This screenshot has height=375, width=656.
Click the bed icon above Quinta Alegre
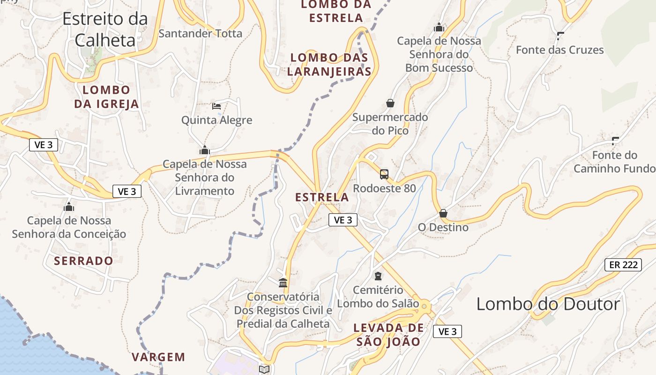pyautogui.click(x=216, y=106)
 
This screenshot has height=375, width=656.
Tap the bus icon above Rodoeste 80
pyautogui.click(x=384, y=174)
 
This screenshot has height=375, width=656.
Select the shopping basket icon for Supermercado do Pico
pyautogui.click(x=390, y=103)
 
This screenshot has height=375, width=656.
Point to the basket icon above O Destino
pyautogui.click(x=443, y=214)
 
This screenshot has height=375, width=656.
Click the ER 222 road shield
pyautogui.click(x=623, y=264)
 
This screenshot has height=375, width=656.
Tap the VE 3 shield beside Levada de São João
pyautogui.click(x=447, y=331)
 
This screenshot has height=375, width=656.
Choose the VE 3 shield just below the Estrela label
pyautogui.click(x=343, y=220)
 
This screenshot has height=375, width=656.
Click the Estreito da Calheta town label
pyautogui.click(x=105, y=29)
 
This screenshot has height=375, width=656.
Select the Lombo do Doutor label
pyautogui.click(x=548, y=304)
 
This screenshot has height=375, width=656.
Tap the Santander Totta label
pyautogui.click(x=201, y=33)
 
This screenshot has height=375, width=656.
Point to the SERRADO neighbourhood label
pyautogui.click(x=83, y=261)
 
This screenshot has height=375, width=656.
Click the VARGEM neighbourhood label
pyautogui.click(x=158, y=357)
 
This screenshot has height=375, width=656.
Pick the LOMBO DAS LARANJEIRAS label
pyautogui.click(x=329, y=65)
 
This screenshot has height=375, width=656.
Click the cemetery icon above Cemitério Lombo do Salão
pyautogui.click(x=378, y=276)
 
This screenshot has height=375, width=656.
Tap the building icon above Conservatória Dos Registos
pyautogui.click(x=283, y=283)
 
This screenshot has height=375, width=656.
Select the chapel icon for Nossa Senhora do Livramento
pyautogui.click(x=205, y=150)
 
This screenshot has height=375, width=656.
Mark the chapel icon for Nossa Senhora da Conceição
pyautogui.click(x=69, y=207)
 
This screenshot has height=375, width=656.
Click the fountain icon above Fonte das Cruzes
pyautogui.click(x=560, y=36)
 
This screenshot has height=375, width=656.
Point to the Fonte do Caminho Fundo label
pyautogui.click(x=614, y=162)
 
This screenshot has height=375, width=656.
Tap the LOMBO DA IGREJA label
pyautogui.click(x=106, y=97)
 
